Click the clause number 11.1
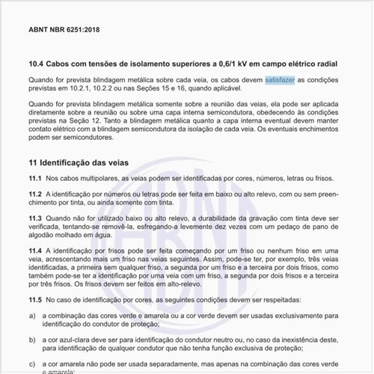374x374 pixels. pyautogui.click(x=34, y=178)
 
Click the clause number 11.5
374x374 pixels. pyautogui.click(x=34, y=299)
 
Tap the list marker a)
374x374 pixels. pyautogui.click(x=32, y=316)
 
